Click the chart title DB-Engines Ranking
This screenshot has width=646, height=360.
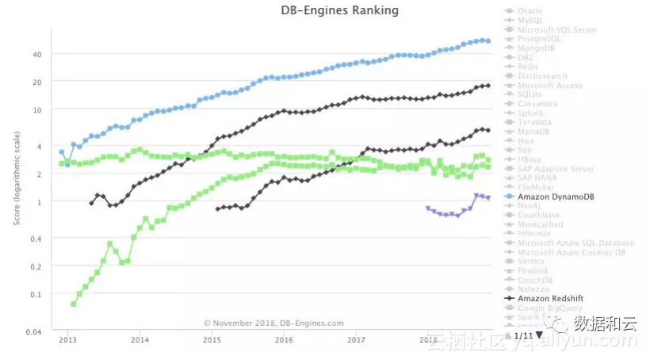coord(339,11)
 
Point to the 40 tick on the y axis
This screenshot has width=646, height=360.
coord(37,54)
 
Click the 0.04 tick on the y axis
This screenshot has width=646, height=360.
coord(33,331)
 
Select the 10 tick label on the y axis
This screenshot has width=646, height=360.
coord(37,109)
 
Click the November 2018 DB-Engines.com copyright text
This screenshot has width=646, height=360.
coord(273,323)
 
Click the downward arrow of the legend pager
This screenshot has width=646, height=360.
coord(540,335)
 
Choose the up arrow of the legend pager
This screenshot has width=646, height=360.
coord(508,335)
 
